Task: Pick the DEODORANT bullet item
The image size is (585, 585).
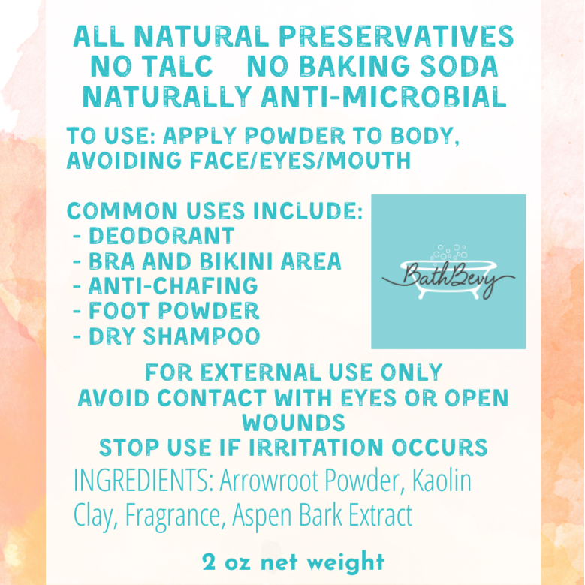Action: [x=161, y=236]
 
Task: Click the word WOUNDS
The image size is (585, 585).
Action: [x=294, y=421]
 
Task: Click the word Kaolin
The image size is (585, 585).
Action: [x=443, y=481]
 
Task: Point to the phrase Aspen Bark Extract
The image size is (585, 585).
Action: [x=323, y=516]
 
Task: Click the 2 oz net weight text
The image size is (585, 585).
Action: [x=293, y=562]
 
